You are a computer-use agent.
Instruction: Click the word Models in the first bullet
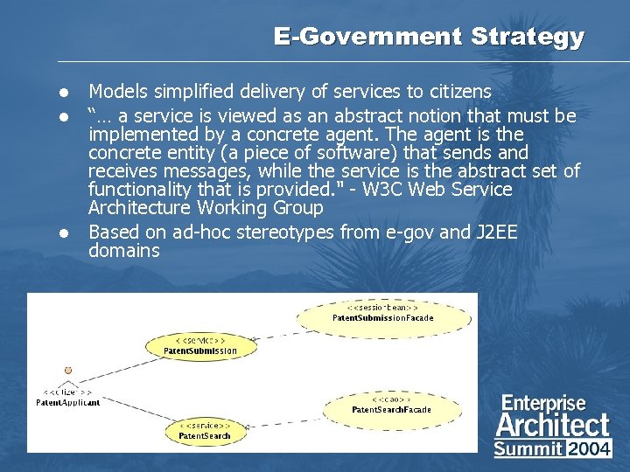pos(117,91)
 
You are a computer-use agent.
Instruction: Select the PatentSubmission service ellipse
pos(200,345)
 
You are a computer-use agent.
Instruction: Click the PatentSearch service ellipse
pos(205,430)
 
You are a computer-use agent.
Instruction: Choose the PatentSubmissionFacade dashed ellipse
pos(382,313)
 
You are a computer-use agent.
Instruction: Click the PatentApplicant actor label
pos(67,402)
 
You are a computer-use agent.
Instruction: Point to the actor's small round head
pos(67,370)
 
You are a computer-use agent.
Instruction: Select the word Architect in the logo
pos(552,426)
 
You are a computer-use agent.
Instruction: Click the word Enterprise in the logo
pos(542,403)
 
